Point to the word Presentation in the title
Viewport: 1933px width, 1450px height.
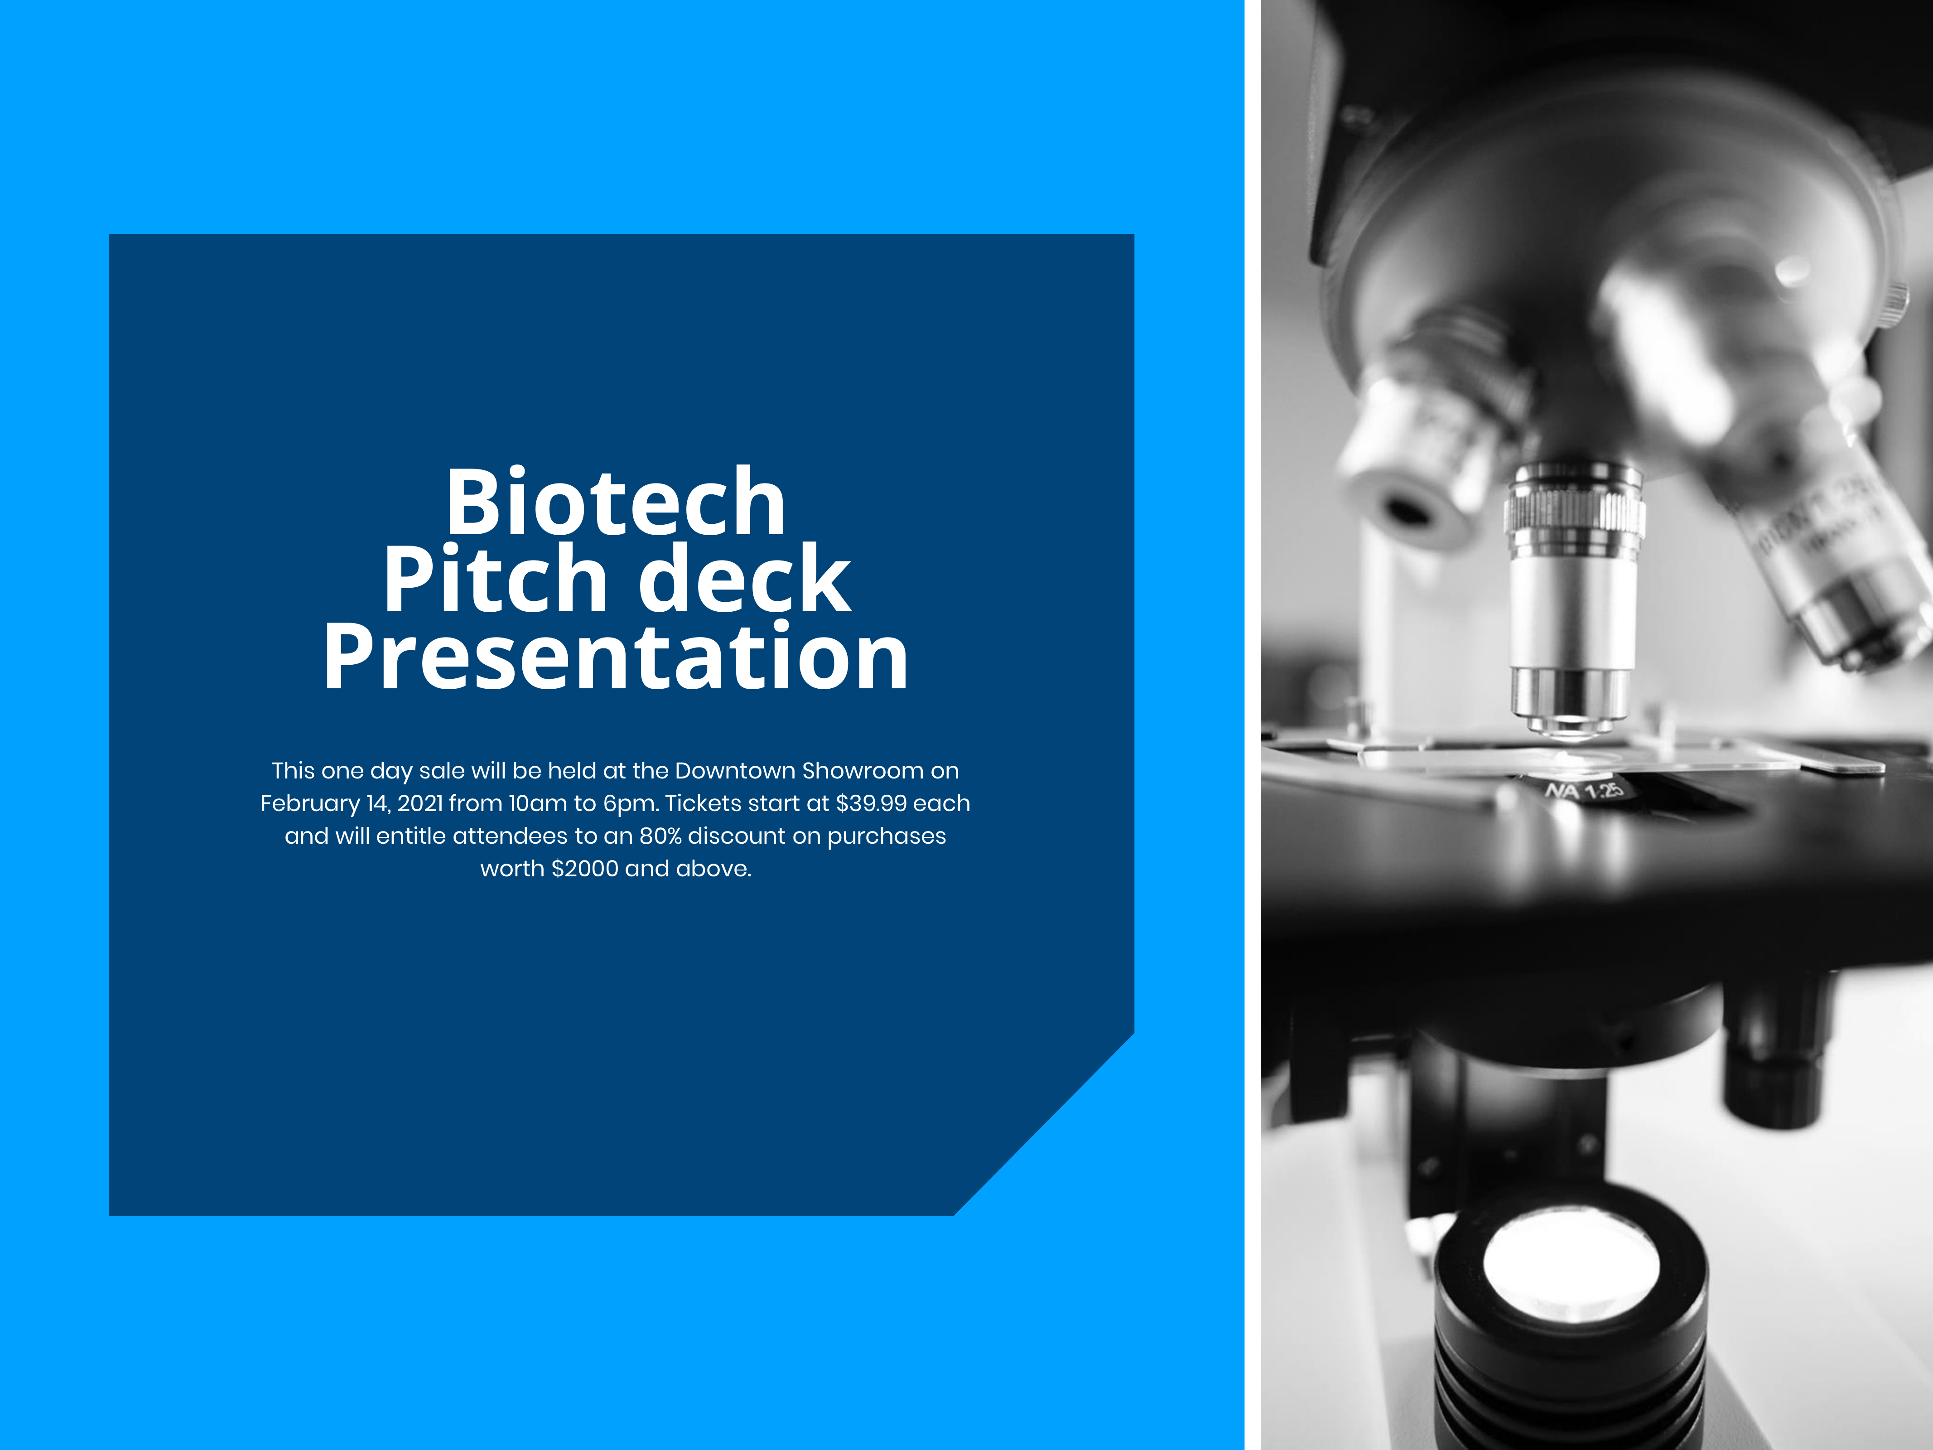click(x=616, y=659)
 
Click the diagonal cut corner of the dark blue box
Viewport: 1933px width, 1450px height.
click(x=1044, y=1124)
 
